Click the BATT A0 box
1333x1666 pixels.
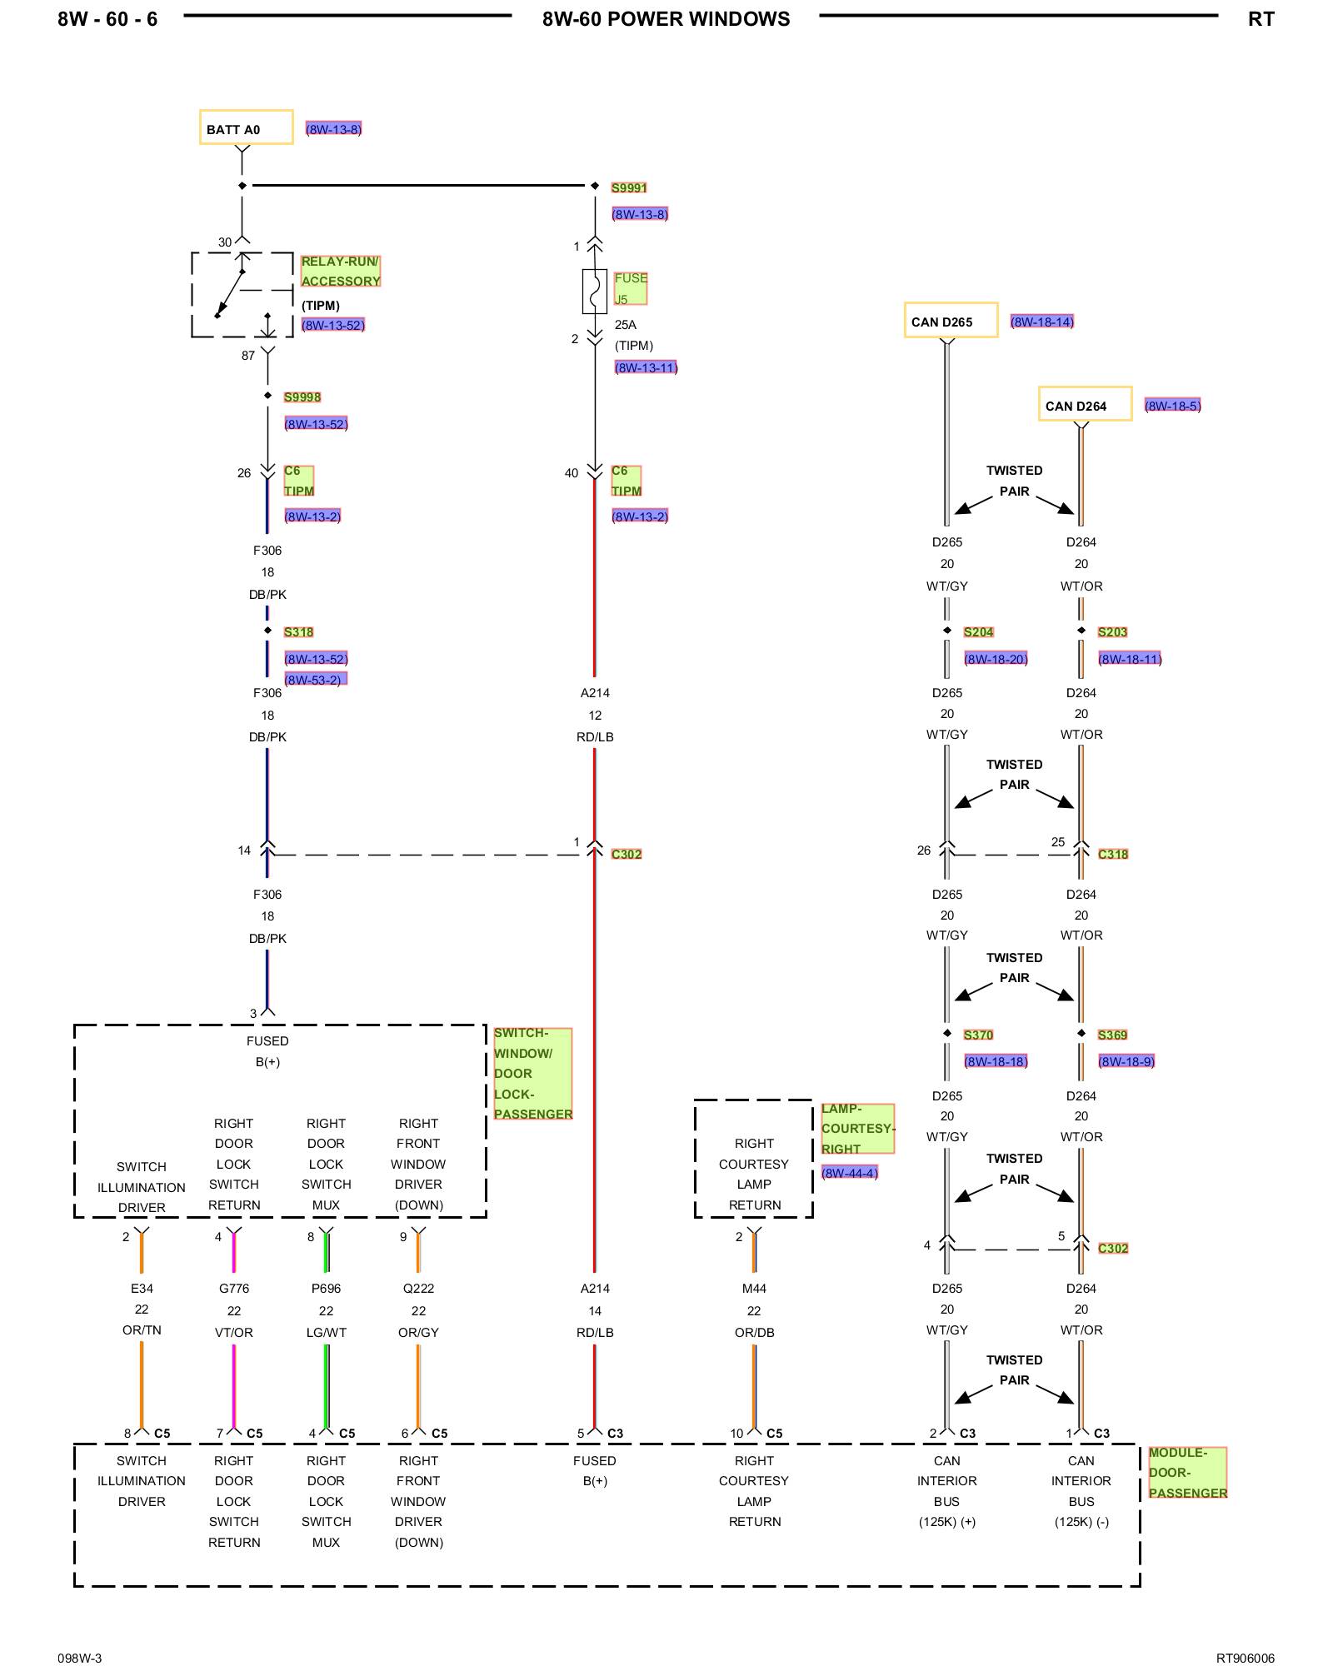tap(246, 127)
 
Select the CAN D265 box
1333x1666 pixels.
tap(951, 320)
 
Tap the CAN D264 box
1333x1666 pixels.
tap(1085, 404)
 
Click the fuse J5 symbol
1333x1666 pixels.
tap(595, 291)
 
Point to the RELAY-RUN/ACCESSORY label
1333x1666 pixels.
tap(341, 272)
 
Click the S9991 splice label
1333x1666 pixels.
tap(629, 188)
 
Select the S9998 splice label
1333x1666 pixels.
tap(302, 397)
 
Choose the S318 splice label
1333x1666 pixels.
tap(298, 632)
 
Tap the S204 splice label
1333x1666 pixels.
tap(979, 632)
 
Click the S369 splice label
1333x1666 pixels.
tap(1112, 1035)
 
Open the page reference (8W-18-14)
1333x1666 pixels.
tap(1042, 322)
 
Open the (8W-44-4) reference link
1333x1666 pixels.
tap(850, 1173)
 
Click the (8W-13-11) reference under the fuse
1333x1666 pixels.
tap(647, 367)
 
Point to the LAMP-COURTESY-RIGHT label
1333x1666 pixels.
tap(857, 1129)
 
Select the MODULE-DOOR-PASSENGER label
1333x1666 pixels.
tap(1188, 1473)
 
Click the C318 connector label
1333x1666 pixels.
tap(1113, 854)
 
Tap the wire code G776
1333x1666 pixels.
tap(234, 1289)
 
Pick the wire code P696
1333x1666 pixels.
tap(327, 1289)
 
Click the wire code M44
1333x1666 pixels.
tap(755, 1289)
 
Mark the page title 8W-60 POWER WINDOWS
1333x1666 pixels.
tap(666, 19)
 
